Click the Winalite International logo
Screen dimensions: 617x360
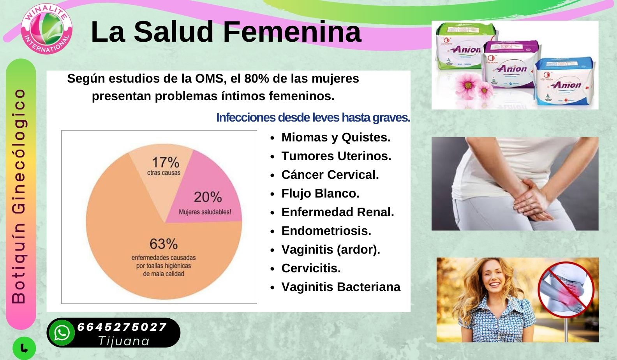pos(47,29)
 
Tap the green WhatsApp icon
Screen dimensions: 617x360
pos(62,333)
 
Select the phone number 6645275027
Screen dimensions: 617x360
pos(122,327)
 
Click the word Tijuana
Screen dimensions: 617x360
pos(124,341)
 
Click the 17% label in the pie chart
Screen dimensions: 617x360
pos(166,162)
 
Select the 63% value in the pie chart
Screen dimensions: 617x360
pos(164,244)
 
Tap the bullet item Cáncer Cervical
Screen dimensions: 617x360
pos(330,175)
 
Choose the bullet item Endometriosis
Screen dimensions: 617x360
pos(326,231)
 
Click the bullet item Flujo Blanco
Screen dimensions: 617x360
pos(320,193)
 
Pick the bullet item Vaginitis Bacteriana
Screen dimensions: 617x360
pos(341,287)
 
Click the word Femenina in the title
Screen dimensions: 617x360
pos(292,32)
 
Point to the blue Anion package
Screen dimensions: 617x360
pos(563,81)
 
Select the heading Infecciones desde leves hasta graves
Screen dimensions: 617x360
pos(313,118)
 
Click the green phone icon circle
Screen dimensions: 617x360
pos(24,348)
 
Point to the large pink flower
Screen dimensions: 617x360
pos(467,84)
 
